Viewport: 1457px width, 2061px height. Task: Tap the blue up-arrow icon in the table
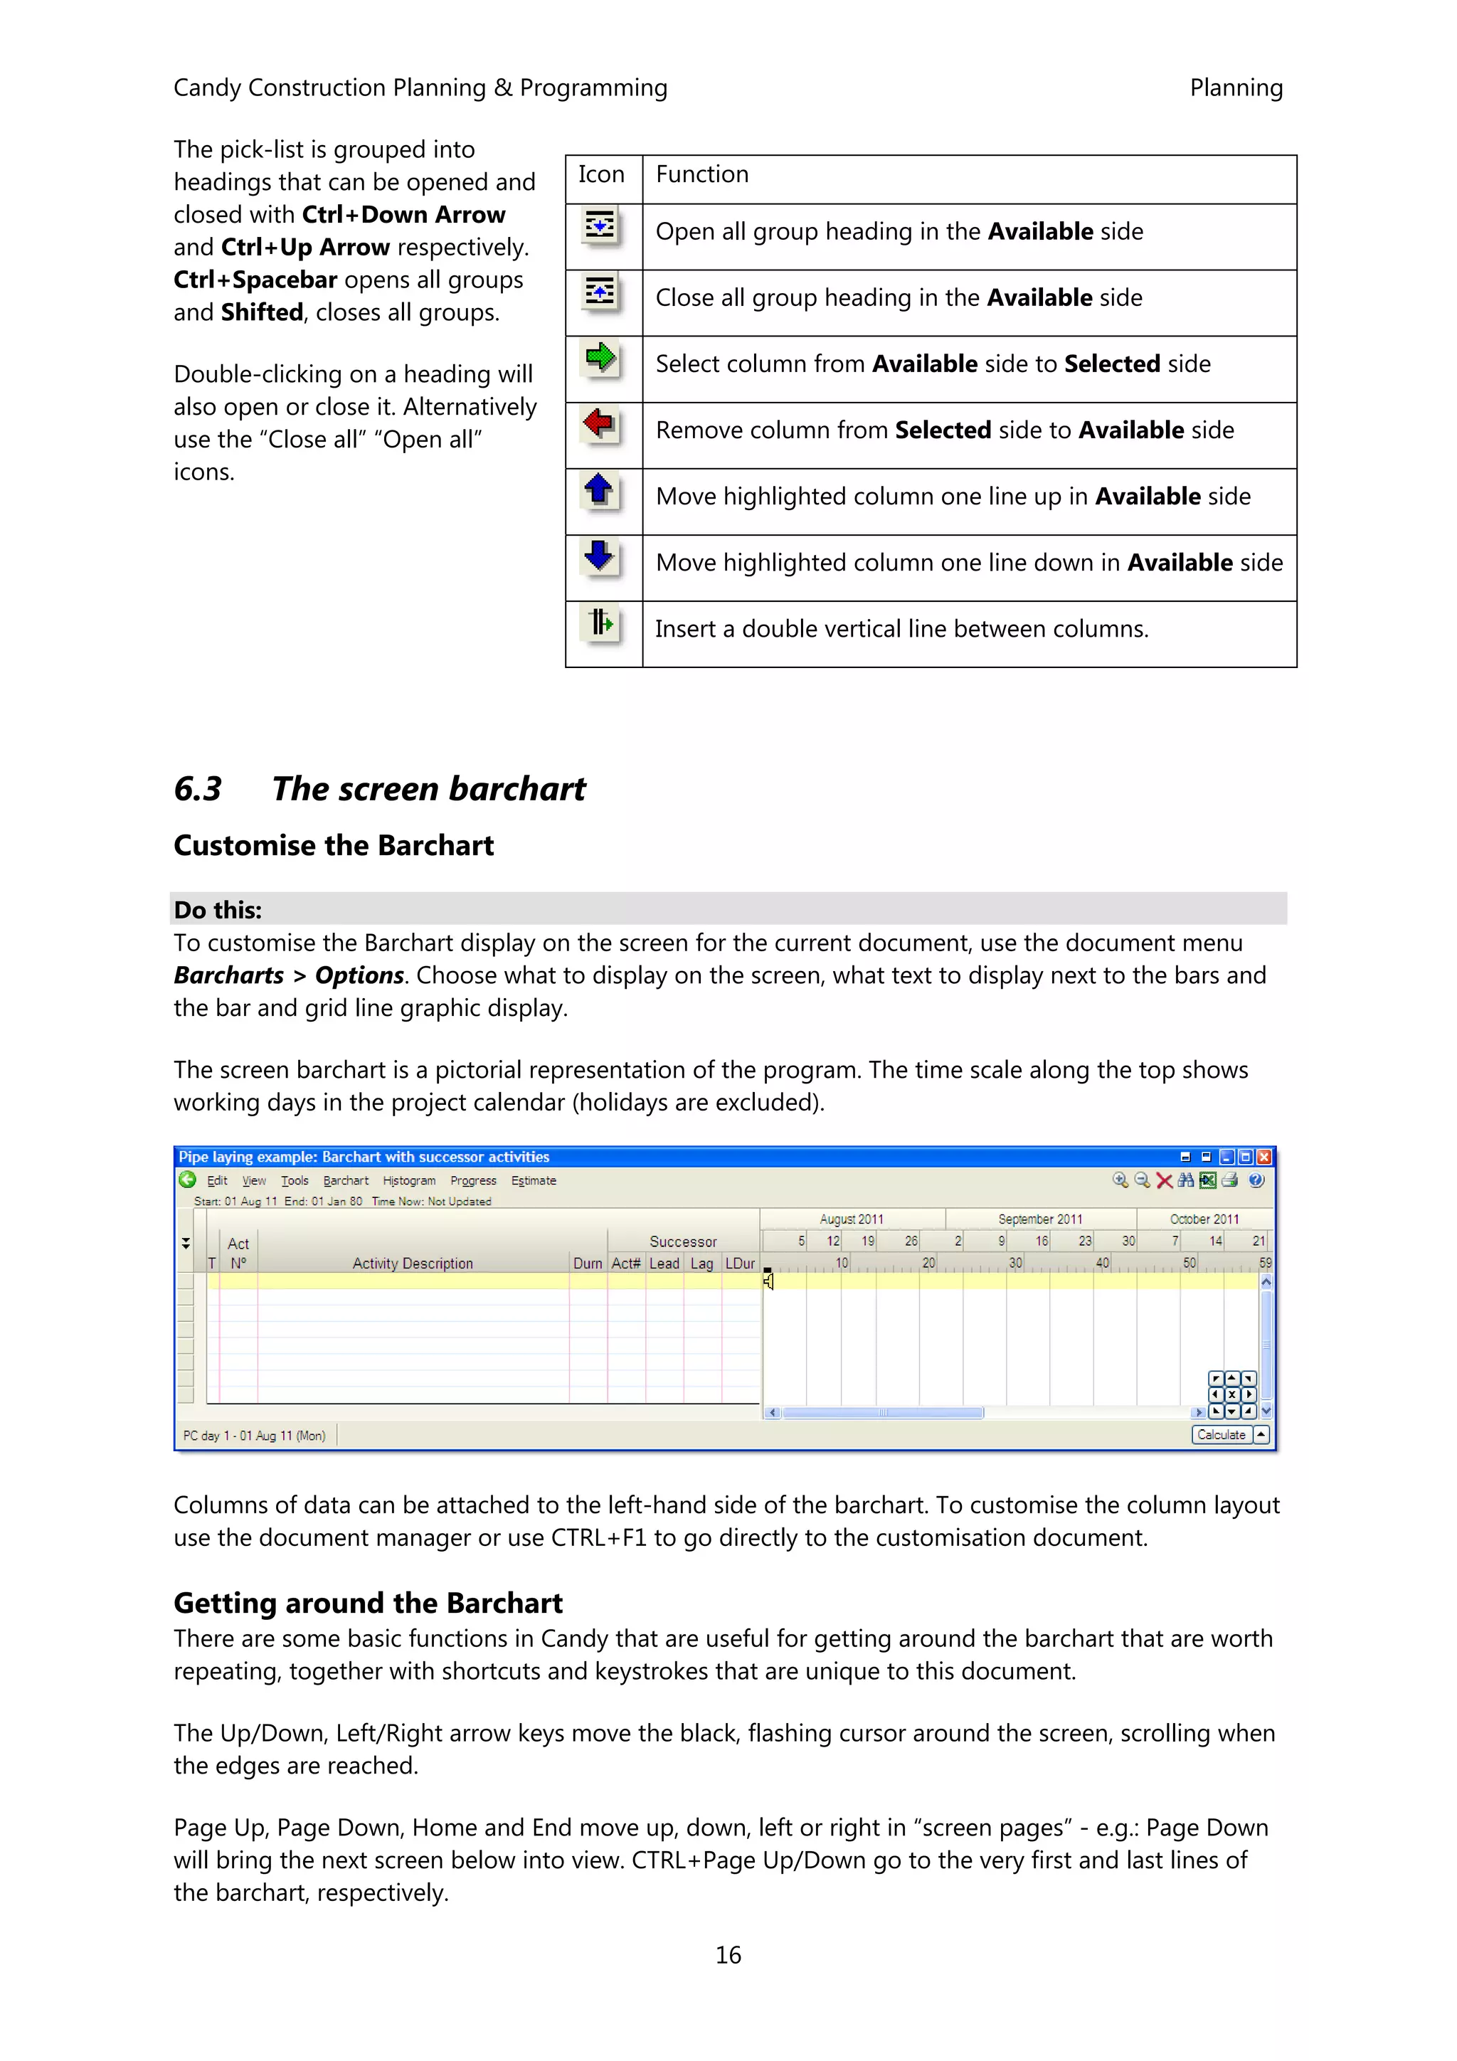pos(599,490)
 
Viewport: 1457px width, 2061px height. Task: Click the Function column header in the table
pos(701,174)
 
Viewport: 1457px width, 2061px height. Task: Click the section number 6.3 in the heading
pos(198,789)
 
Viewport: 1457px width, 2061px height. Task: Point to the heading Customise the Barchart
pos(333,846)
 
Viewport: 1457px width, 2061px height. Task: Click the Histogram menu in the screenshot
pos(408,1180)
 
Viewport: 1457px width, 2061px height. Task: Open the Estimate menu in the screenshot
pos(534,1180)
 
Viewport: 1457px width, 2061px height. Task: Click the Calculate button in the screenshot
pos(1221,1434)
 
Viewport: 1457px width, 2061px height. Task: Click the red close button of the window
pos(1264,1157)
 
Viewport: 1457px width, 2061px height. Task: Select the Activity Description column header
pos(412,1263)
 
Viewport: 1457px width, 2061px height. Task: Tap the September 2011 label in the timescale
pos(1039,1219)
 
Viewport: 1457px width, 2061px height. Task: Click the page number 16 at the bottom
pos(728,1955)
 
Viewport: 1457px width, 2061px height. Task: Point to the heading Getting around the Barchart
pos(368,1604)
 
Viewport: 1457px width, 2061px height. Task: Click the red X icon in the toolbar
pos(1165,1180)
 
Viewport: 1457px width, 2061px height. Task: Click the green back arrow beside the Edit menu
pos(188,1180)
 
